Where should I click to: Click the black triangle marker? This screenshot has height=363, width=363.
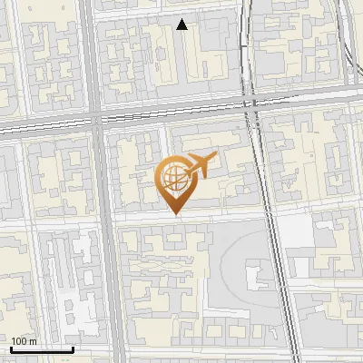point(182,25)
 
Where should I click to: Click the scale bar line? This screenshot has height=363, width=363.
point(42,349)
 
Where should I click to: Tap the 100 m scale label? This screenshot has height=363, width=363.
point(24,341)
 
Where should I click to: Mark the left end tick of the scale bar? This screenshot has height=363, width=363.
point(11,348)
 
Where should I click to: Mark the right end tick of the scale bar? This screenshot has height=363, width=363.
point(74,348)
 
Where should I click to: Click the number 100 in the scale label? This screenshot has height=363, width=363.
point(20,341)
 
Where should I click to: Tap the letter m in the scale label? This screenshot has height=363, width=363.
point(33,342)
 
